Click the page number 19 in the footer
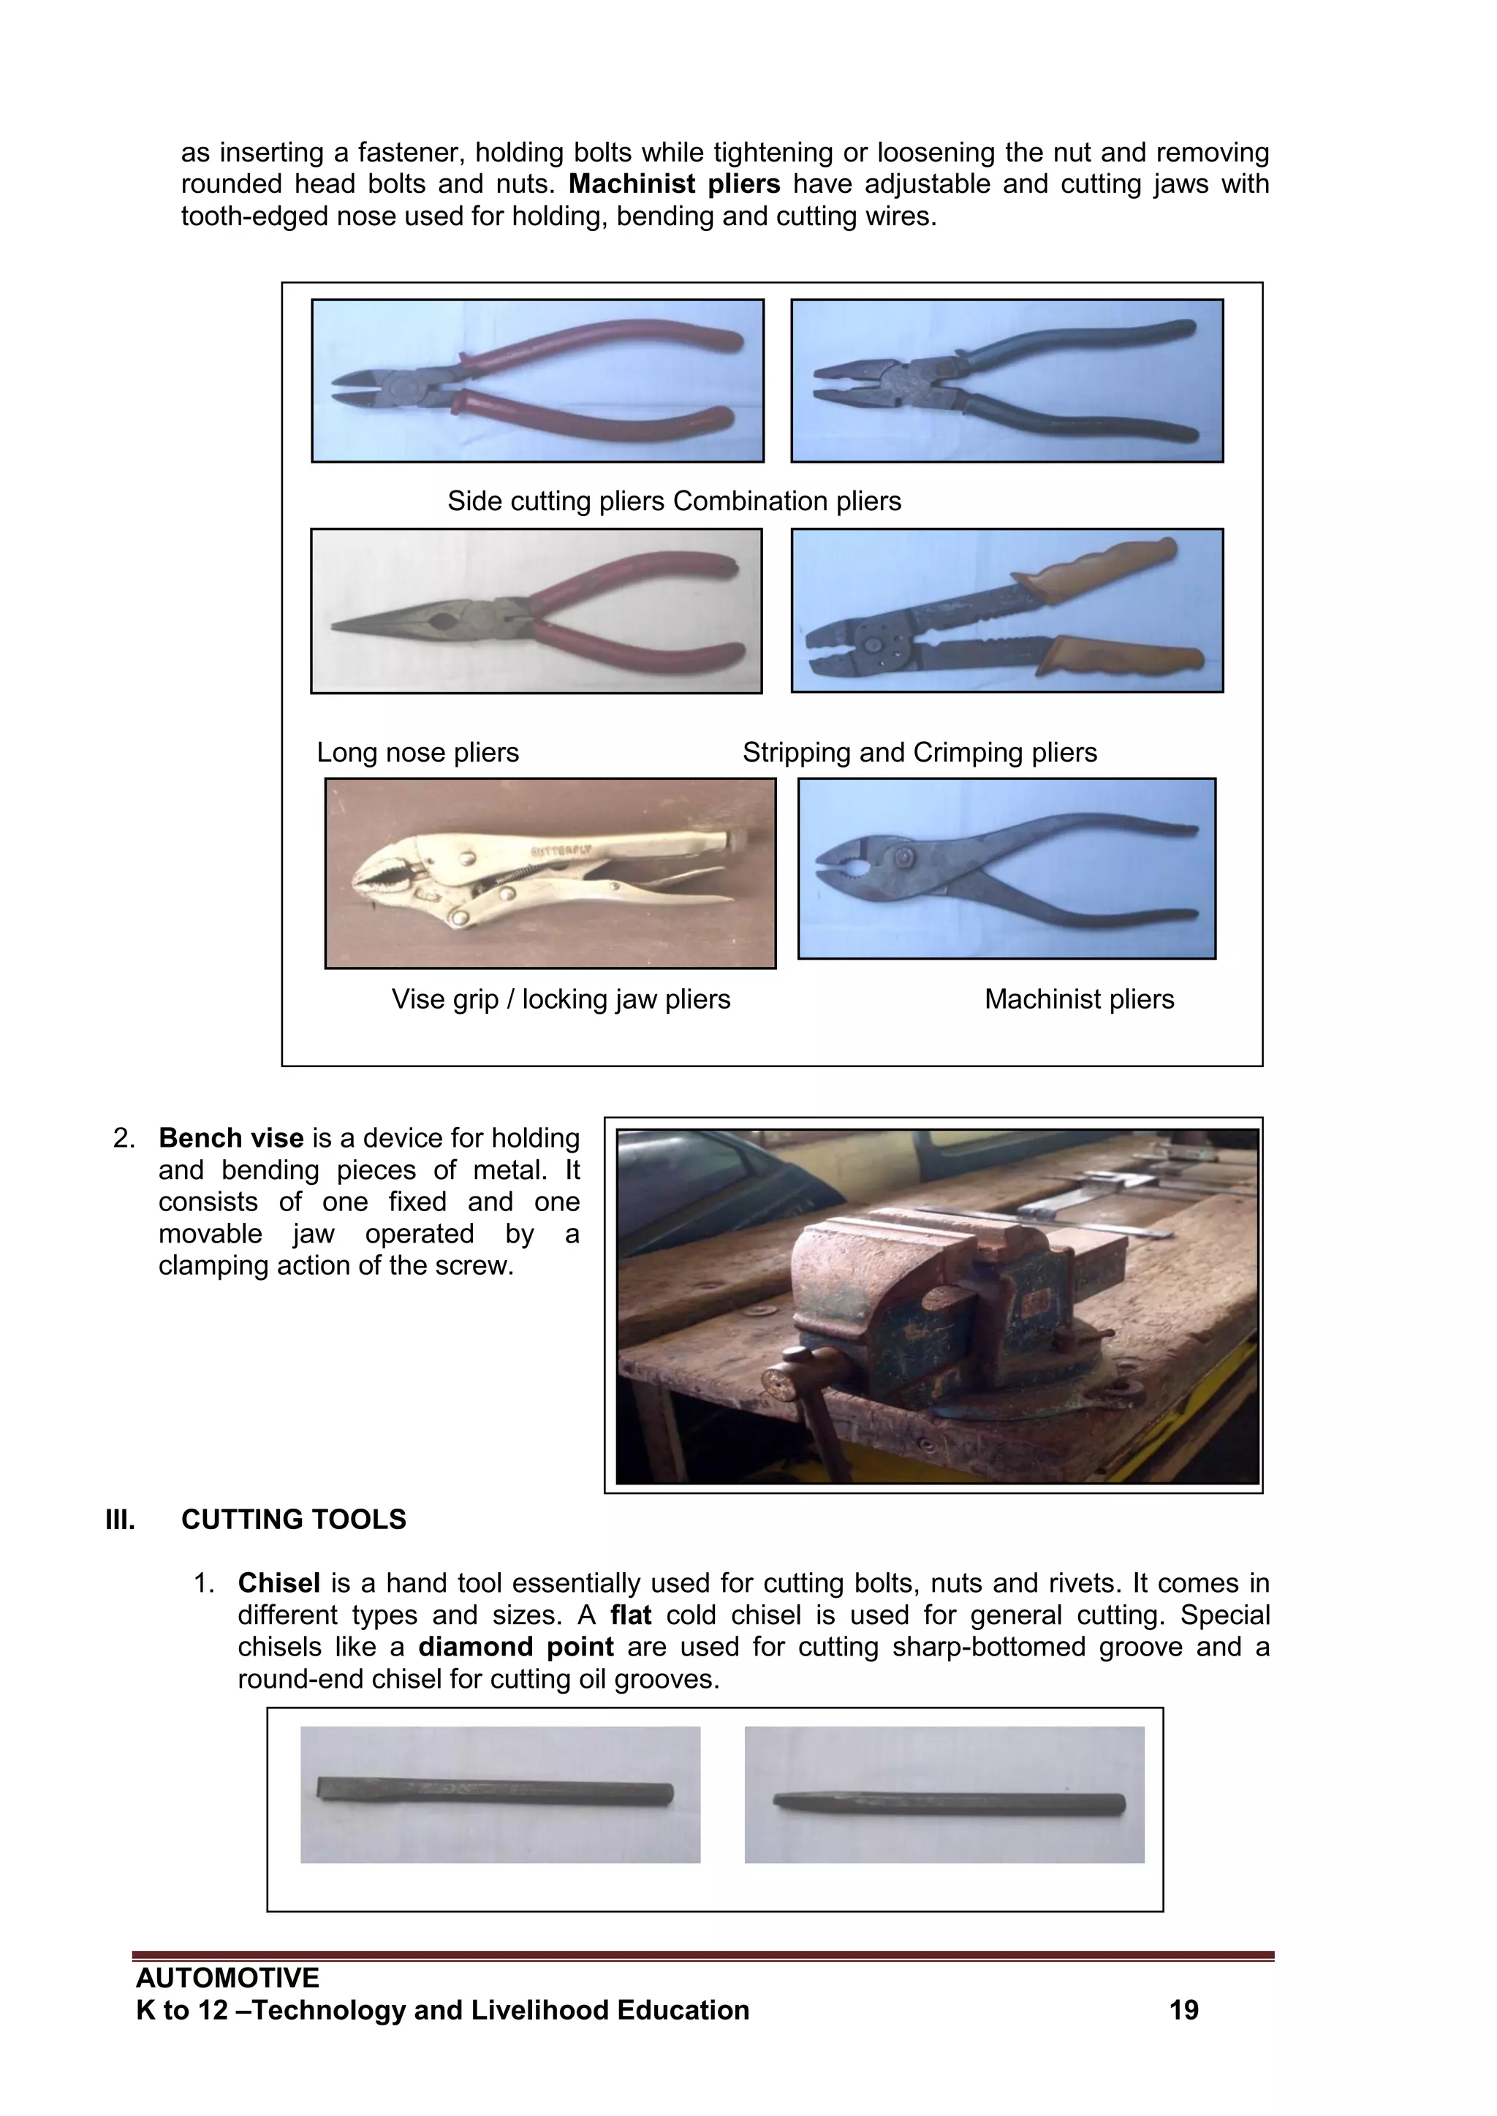coord(1183,2010)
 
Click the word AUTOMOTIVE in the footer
coord(227,1978)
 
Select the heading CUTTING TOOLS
coord(293,1520)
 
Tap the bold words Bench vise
coord(230,1138)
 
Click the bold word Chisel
coord(278,1583)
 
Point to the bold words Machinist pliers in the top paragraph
coord(674,184)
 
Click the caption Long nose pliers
coord(417,753)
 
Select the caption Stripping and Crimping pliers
coord(919,753)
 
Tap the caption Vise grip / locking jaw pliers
coord(561,1000)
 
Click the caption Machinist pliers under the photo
coord(1078,1000)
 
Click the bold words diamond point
coord(515,1647)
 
